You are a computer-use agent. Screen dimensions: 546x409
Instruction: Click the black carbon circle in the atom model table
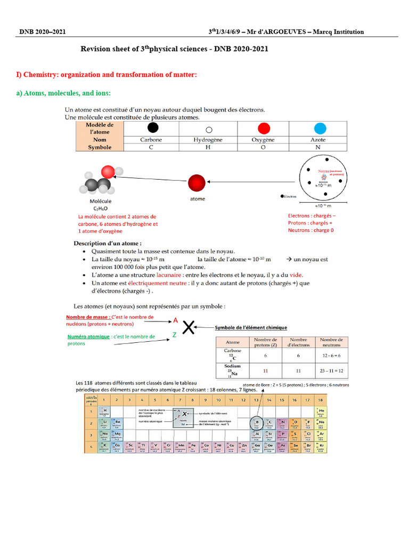point(152,128)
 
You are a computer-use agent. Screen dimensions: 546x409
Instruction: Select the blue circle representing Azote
point(320,129)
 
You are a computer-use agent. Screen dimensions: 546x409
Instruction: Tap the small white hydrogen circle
point(209,130)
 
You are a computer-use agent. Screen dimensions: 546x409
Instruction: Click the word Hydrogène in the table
point(208,140)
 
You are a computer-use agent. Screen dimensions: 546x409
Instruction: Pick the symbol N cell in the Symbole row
point(318,148)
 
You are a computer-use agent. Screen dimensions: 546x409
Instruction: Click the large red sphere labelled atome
point(197,182)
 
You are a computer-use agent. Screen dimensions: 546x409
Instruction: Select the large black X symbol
point(188,328)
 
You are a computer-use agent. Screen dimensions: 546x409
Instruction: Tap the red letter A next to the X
point(175,321)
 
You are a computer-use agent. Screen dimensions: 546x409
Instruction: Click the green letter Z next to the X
point(174,335)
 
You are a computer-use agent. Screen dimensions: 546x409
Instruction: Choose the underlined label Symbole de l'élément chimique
point(250,327)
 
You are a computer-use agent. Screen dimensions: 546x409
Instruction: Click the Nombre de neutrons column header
point(331,342)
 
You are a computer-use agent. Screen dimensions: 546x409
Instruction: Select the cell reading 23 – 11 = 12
point(331,370)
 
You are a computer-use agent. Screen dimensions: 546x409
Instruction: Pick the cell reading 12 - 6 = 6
point(331,355)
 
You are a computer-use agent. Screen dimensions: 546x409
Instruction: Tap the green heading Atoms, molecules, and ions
point(63,93)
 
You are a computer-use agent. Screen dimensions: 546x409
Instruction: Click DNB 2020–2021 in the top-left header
point(43,32)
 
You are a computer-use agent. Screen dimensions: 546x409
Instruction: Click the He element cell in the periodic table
point(320,412)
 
